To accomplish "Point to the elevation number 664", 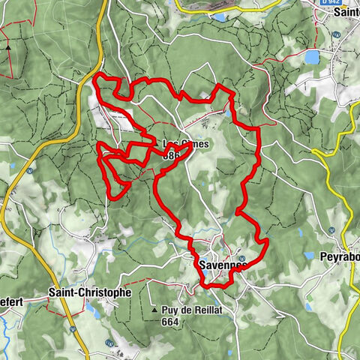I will (169, 321).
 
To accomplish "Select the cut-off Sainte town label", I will (346, 13).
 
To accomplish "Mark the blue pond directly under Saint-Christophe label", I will (89, 307).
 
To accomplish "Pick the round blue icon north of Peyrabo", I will (331, 229).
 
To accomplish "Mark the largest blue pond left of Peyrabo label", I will (307, 256).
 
